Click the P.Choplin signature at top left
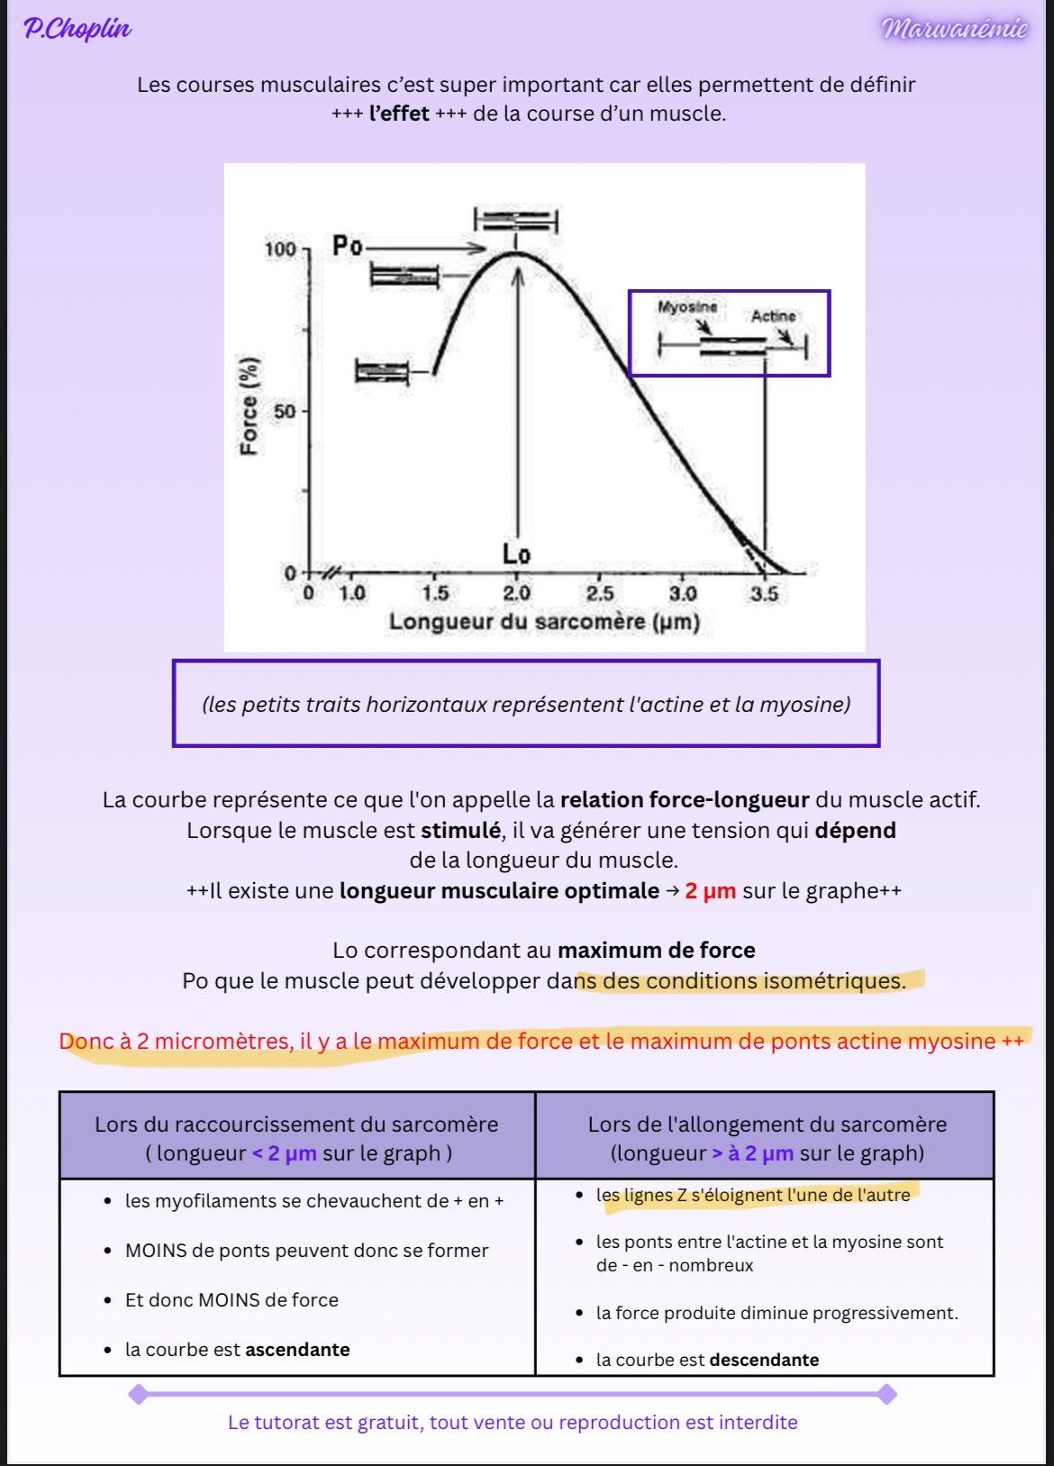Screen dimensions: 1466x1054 pyautogui.click(x=77, y=29)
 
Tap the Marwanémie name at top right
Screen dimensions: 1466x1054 pyautogui.click(x=954, y=29)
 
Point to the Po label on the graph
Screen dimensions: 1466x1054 pyautogui.click(x=347, y=245)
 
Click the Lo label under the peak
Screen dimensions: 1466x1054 pyautogui.click(x=516, y=554)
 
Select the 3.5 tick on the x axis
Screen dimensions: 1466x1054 pyautogui.click(x=764, y=593)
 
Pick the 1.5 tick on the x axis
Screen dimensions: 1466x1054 pyautogui.click(x=435, y=593)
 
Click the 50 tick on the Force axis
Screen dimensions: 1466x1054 pyautogui.click(x=285, y=412)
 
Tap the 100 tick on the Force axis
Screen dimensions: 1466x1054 pyautogui.click(x=280, y=249)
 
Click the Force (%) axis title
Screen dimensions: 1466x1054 pyautogui.click(x=249, y=405)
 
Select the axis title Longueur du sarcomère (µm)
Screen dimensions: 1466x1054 pyautogui.click(x=544, y=622)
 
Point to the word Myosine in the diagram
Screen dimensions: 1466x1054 pyautogui.click(x=687, y=307)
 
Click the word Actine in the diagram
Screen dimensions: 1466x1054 pyautogui.click(x=773, y=316)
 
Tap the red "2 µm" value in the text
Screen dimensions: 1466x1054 pyautogui.click(x=710, y=891)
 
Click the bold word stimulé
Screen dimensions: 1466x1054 pyautogui.click(x=460, y=830)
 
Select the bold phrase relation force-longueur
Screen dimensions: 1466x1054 pyautogui.click(x=685, y=800)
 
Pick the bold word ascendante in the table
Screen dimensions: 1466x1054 pyautogui.click(x=297, y=1350)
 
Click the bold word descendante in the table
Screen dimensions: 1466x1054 pyautogui.click(x=764, y=1360)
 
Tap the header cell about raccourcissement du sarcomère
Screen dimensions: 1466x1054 pyautogui.click(x=297, y=1138)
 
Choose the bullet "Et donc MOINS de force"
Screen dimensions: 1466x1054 pyautogui.click(x=232, y=1300)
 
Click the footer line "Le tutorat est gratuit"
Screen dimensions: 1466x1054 pyautogui.click(x=513, y=1423)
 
